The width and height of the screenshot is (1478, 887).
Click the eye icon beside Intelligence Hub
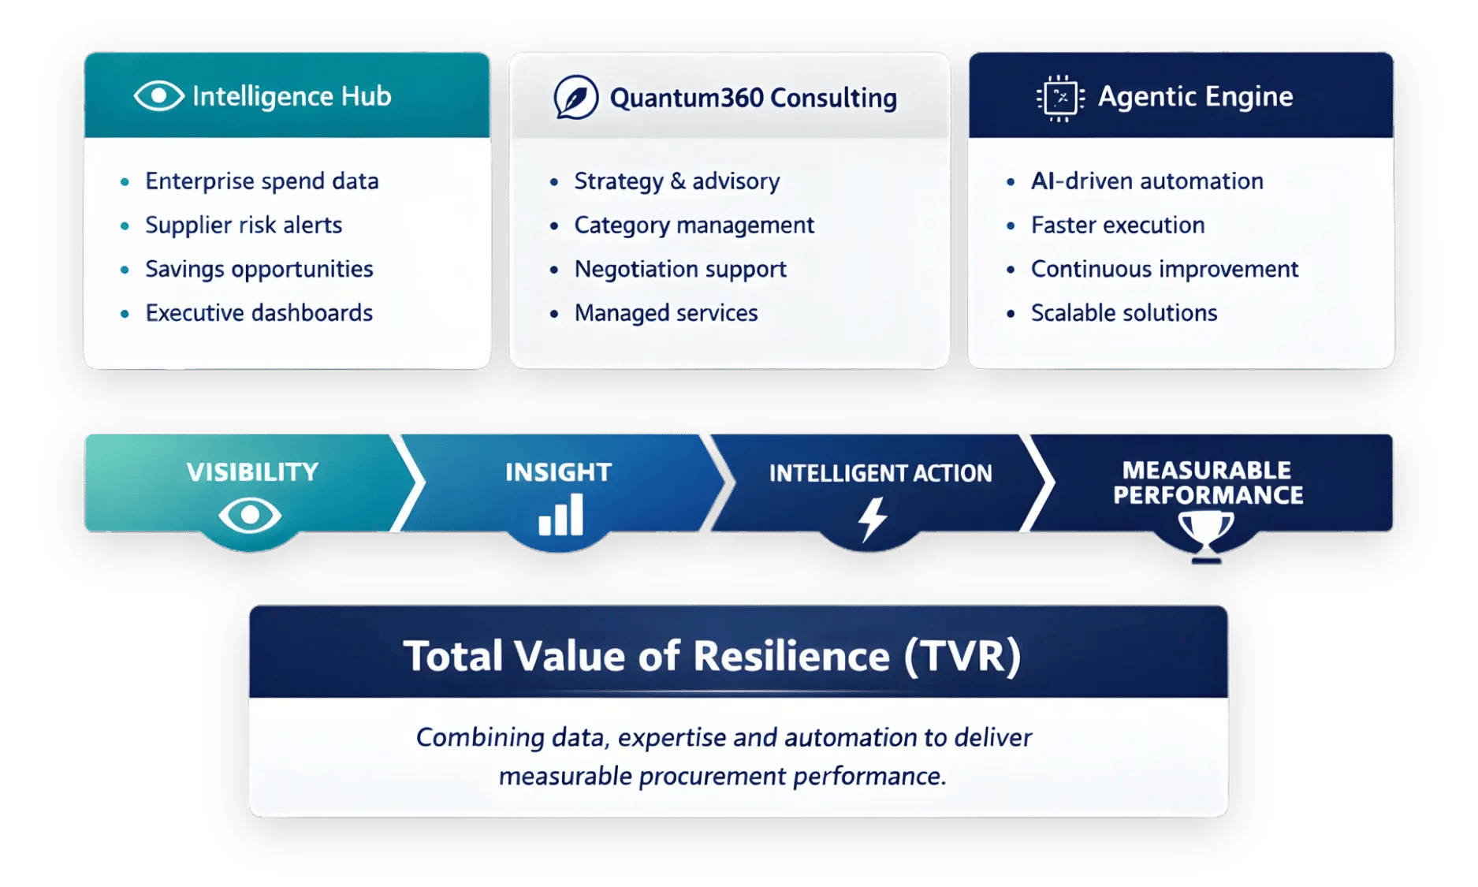158,96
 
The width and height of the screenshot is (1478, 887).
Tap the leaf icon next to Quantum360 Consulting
575,98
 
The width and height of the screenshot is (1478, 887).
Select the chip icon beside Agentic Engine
1060,98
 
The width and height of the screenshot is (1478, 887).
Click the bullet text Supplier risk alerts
244,225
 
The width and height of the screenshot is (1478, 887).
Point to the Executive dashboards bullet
259,313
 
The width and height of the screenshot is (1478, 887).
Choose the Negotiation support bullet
680,270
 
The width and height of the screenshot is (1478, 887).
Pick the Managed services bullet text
666,313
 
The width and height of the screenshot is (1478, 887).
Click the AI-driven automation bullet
1147,181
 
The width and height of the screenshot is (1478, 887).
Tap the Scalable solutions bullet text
1124,313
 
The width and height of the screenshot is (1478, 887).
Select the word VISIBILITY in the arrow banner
253,472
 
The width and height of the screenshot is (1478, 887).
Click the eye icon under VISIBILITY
250,516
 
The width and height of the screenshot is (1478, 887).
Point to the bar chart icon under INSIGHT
560,515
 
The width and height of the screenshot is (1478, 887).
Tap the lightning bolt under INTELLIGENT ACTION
873,519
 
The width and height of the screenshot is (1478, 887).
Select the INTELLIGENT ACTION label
880,473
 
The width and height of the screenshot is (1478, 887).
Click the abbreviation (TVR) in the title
962,656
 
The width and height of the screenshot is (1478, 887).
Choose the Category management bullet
694,225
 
